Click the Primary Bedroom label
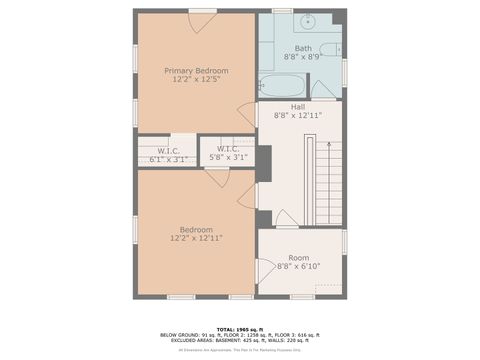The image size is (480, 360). coord(196,71)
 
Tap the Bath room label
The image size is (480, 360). coord(303,49)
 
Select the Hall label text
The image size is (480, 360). coord(298,107)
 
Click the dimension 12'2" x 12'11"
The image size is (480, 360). coord(196,238)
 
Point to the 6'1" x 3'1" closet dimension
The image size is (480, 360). coord(167,158)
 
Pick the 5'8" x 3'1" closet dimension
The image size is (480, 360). coord(228,157)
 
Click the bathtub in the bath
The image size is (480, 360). coord(283,86)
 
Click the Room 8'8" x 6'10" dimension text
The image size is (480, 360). coord(298,266)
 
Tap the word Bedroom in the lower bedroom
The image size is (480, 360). coord(196,229)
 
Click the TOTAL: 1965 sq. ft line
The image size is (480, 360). coord(240,329)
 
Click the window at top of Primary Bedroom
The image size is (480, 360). coord(203,11)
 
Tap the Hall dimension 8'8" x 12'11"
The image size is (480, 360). coord(298,116)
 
